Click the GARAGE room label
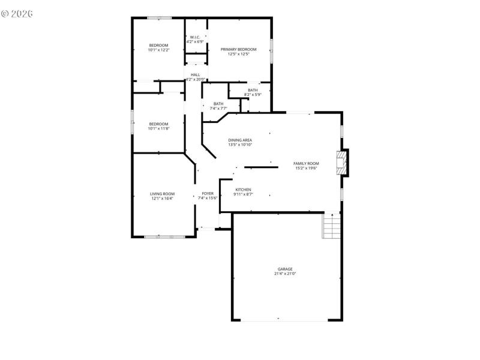point(285,269)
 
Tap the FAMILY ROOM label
point(306,163)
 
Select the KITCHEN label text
point(243,190)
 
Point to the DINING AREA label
point(240,140)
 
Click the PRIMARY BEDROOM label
point(238,49)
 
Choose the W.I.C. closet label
point(195,37)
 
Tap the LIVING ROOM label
point(162,194)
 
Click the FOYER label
point(207,194)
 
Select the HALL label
point(196,74)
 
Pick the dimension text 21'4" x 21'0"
point(285,274)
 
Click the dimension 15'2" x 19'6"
point(306,168)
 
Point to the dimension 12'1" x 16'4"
point(162,199)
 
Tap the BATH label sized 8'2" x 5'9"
point(253,90)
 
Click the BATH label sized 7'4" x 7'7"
point(218,103)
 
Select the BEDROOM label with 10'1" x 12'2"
point(158,46)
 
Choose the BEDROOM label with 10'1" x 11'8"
point(158,124)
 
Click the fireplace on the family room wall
point(342,162)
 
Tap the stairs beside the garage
point(332,226)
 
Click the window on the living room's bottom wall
point(164,236)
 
